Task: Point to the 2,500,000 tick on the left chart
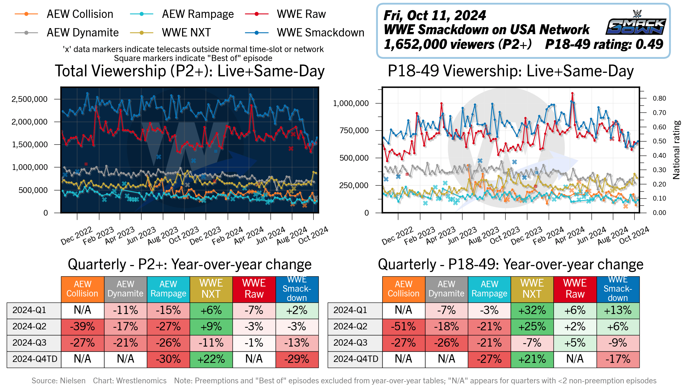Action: click(x=29, y=99)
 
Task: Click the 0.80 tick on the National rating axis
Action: click(x=659, y=98)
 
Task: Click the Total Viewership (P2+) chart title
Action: click(x=190, y=71)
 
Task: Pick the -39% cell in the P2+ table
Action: click(x=82, y=326)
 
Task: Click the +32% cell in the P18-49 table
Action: click(x=532, y=310)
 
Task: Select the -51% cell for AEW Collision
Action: click(x=403, y=326)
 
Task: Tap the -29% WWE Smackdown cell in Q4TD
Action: click(x=297, y=359)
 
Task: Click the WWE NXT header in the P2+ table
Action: click(x=211, y=289)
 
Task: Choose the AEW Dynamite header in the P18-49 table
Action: click(x=446, y=289)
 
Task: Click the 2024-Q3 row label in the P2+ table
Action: click(x=29, y=343)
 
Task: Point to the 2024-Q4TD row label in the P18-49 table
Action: click(x=355, y=359)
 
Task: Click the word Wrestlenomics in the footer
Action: click(x=141, y=381)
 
